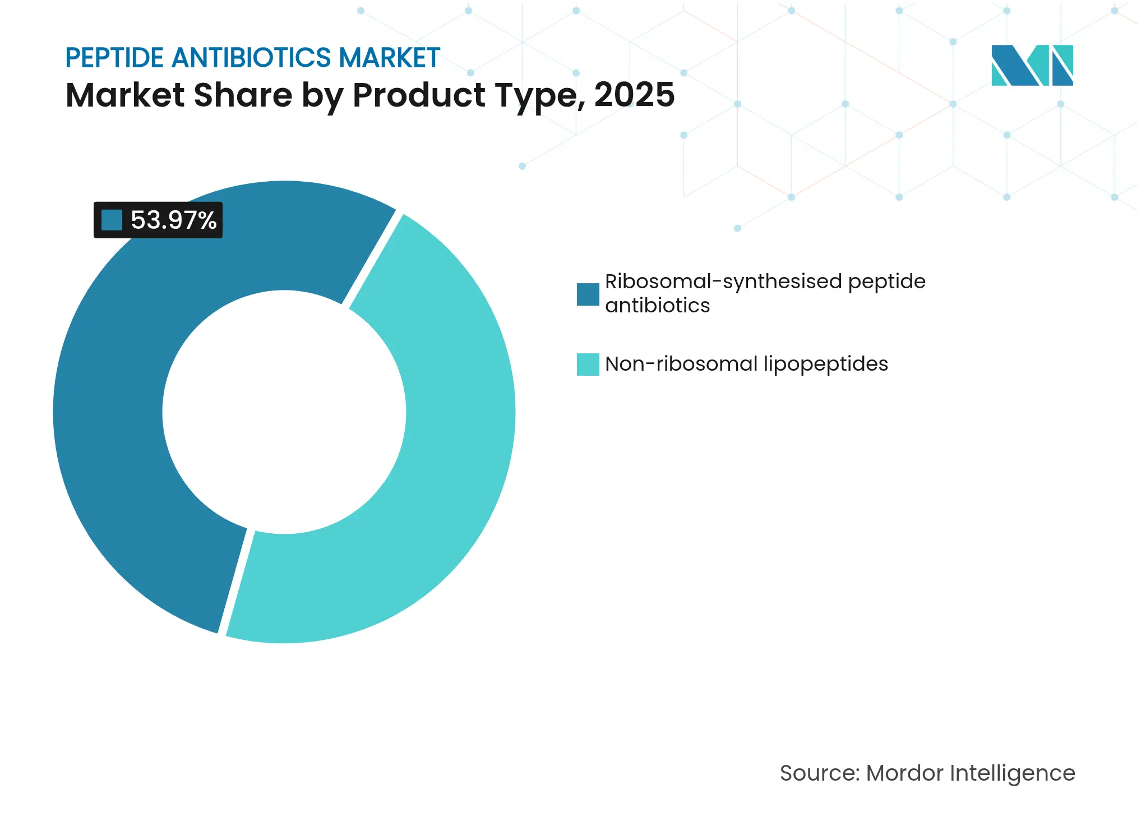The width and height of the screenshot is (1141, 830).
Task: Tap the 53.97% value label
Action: (173, 220)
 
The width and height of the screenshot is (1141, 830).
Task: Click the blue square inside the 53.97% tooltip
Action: (112, 220)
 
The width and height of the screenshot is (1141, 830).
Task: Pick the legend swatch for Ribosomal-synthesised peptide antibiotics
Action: (588, 294)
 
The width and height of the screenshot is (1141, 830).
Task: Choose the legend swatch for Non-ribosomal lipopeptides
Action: (588, 365)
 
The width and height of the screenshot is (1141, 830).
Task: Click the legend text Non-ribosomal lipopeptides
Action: (746, 364)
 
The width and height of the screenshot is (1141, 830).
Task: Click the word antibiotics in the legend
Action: (657, 306)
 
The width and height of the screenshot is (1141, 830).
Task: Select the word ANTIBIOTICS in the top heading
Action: (251, 58)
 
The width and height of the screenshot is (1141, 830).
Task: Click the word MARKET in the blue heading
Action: (389, 58)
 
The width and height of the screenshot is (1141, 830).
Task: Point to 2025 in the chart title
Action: (634, 95)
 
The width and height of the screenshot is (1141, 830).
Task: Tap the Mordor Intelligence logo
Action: (1032, 65)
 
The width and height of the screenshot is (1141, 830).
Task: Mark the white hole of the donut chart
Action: (284, 412)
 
